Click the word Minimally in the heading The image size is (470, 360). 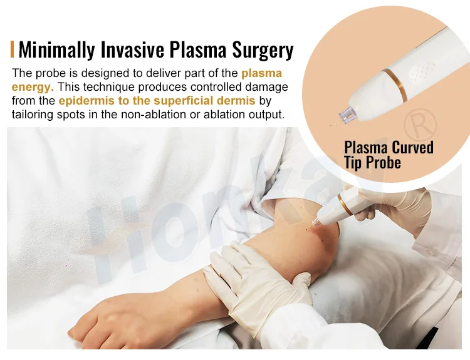click(57, 49)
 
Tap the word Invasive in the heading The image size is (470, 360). click(132, 49)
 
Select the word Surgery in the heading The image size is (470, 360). click(263, 50)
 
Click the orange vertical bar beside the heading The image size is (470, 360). click(13, 49)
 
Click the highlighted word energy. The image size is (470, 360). click(33, 88)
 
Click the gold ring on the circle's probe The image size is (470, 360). click(395, 85)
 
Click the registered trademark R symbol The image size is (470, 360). click(420, 125)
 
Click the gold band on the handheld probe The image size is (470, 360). click(345, 205)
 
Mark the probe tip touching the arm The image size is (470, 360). click(307, 230)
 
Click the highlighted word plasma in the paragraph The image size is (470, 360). click(262, 73)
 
